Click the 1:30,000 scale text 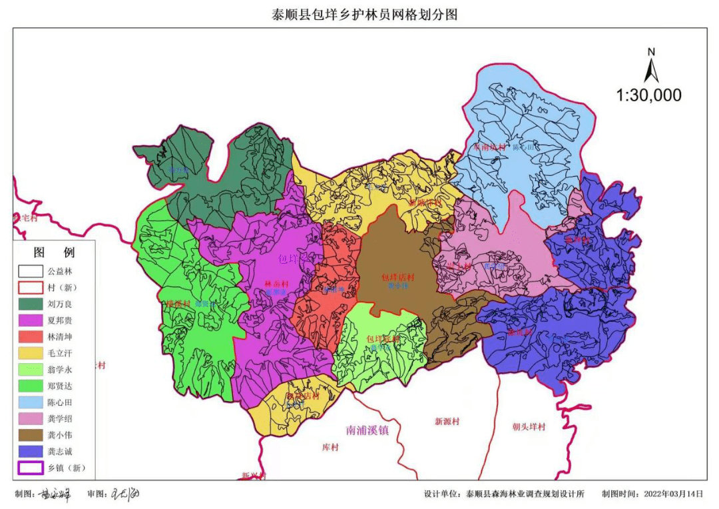point(648,95)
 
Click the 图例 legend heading point(55,253)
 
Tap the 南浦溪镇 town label point(367,430)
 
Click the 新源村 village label point(447,422)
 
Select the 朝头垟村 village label point(529,427)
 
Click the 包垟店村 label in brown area point(397,277)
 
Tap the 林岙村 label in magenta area point(275,284)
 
